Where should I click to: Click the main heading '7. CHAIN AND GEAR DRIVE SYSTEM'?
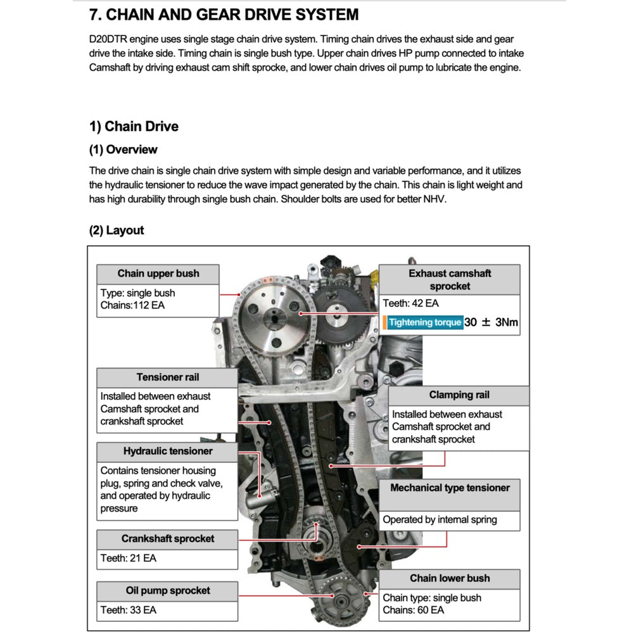click(x=224, y=15)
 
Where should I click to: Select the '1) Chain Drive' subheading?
click(x=134, y=126)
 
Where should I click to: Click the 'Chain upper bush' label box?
click(x=158, y=274)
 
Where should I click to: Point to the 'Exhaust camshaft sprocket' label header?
click(x=449, y=279)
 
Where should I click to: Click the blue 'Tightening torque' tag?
click(x=425, y=322)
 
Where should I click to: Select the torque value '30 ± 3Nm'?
click(x=491, y=322)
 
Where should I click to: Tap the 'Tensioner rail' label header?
click(x=167, y=377)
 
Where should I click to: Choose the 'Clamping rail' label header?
click(x=459, y=395)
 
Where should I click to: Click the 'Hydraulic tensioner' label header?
click(x=168, y=452)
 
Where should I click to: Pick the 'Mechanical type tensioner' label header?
click(x=450, y=488)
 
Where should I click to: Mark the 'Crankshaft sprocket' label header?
click(x=168, y=539)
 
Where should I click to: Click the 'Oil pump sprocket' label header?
click(x=168, y=591)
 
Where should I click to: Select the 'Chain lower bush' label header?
click(x=450, y=578)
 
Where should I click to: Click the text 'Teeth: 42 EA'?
click(x=410, y=303)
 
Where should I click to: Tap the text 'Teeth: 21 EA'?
click(x=128, y=559)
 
